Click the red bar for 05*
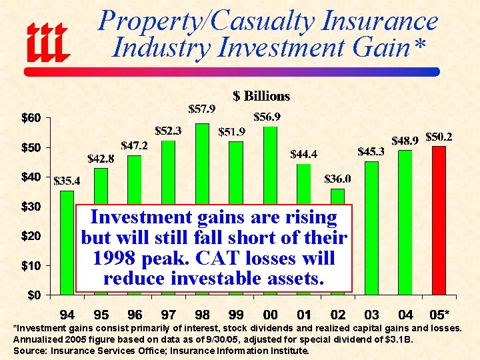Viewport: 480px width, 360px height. click(439, 221)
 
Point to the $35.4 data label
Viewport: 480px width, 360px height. click(67, 180)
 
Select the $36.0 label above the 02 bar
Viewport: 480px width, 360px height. click(338, 179)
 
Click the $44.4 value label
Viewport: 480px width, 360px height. click(304, 154)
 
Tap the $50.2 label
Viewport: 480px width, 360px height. click(439, 137)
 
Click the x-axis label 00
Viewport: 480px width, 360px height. click(270, 315)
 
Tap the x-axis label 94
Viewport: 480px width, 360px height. click(67, 315)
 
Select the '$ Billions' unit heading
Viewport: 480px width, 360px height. click(261, 96)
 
